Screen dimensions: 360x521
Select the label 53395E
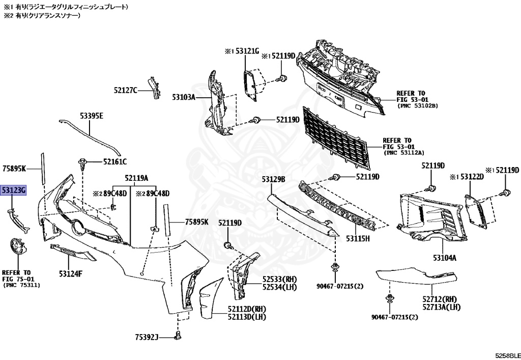click(x=91, y=117)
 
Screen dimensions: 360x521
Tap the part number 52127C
click(x=126, y=90)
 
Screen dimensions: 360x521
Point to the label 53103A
click(x=184, y=97)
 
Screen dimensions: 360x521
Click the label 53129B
click(x=274, y=179)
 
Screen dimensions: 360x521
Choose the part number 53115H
click(x=358, y=238)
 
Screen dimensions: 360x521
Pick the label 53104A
click(x=445, y=258)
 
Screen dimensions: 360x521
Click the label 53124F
click(x=70, y=274)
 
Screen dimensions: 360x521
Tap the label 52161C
click(x=115, y=161)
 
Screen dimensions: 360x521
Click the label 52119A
click(x=137, y=178)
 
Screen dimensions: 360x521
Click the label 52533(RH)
click(x=280, y=280)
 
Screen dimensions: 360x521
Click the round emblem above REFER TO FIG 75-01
click(x=19, y=249)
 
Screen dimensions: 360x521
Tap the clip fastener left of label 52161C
click(x=82, y=163)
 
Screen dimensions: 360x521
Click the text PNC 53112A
click(x=404, y=152)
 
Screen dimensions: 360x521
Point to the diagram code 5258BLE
click(x=506, y=354)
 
